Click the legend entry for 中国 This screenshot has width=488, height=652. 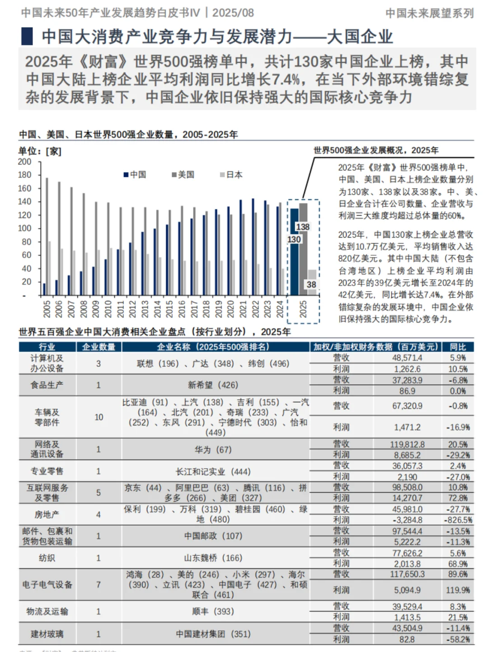coord(136,175)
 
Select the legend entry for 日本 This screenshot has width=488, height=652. coord(231,175)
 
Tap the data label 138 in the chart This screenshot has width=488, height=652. coord(302,227)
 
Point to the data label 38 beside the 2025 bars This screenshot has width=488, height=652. coord(311,285)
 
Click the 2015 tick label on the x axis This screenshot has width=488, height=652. coord(169,309)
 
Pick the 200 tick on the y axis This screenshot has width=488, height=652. coord(25,162)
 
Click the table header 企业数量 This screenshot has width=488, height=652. coord(99,347)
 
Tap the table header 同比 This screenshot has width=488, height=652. coord(458,347)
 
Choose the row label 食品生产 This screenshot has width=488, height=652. coord(47,385)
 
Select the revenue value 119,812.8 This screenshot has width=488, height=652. coord(407,445)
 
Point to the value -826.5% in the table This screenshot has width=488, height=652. coord(458,520)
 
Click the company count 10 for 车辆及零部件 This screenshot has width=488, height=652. coord(99,417)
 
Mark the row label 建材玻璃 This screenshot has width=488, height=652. coord(47,634)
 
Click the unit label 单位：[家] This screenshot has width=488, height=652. coord(40,151)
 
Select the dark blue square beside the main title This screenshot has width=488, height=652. coord(27,36)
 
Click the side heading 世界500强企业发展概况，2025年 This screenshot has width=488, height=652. coord(376,150)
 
